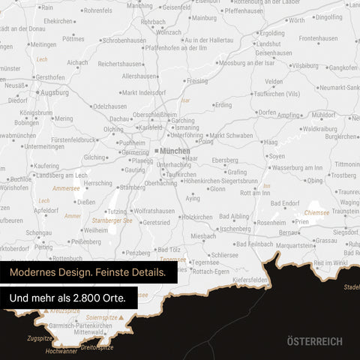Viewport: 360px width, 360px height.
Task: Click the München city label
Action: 175,151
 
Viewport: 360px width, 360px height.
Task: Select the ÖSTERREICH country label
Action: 314,341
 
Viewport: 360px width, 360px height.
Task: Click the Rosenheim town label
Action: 271,223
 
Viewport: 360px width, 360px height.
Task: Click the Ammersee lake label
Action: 66,189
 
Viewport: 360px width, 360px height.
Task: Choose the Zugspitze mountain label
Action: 39,338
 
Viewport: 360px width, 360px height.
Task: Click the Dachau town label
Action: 120,118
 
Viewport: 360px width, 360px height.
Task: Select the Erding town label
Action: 223,106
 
